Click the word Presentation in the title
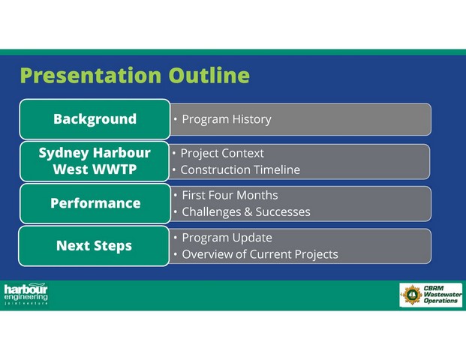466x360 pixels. (x=91, y=76)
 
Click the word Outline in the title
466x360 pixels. (x=209, y=75)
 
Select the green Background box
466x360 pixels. (x=95, y=119)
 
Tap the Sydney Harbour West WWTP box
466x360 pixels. (x=95, y=161)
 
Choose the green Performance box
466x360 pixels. (x=95, y=203)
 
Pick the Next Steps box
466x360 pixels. (x=94, y=246)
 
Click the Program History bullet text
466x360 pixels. (x=227, y=119)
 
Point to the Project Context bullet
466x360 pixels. (x=222, y=154)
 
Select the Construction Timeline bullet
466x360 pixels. (x=240, y=170)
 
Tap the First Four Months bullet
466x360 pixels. (x=230, y=196)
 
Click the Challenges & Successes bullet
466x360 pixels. (x=246, y=212)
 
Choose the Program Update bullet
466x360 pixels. (x=227, y=238)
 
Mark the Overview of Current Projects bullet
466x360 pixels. (x=260, y=254)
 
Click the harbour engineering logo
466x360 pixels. (x=26, y=294)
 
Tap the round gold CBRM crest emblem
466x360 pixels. (x=412, y=295)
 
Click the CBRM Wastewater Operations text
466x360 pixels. (x=443, y=294)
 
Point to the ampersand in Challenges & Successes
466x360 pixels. (x=248, y=212)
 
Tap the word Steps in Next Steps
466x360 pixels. (x=113, y=247)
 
